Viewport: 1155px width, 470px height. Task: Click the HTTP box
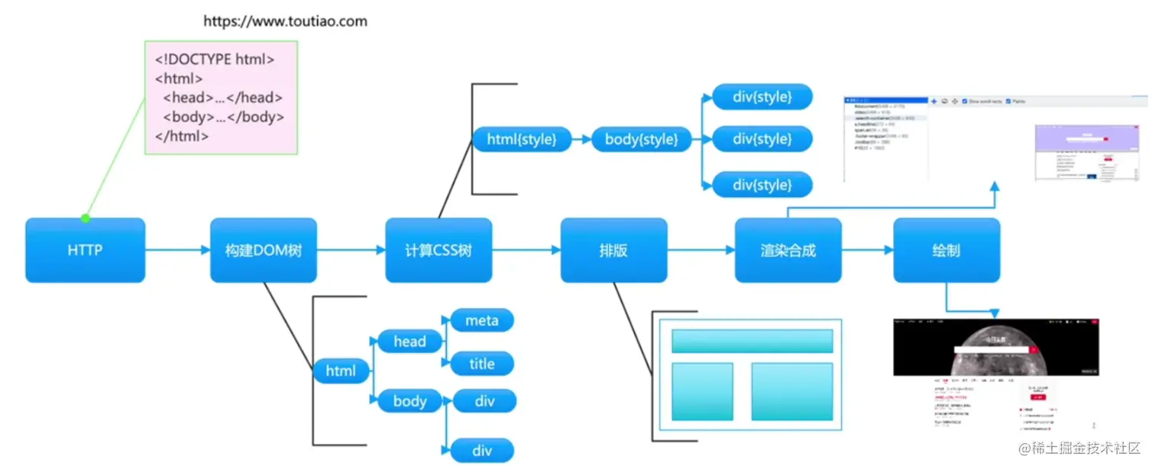pyautogui.click(x=85, y=251)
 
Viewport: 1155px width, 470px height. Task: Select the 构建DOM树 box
pyautogui.click(x=264, y=251)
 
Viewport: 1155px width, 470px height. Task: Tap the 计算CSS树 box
pyautogui.click(x=438, y=251)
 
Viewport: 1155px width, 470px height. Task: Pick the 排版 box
pyautogui.click(x=613, y=251)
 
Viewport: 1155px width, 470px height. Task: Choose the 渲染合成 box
pyautogui.click(x=788, y=251)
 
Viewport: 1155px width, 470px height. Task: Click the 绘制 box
pyautogui.click(x=946, y=251)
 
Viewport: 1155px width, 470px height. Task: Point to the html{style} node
pyautogui.click(x=521, y=139)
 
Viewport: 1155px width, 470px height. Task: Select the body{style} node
pyautogui.click(x=641, y=139)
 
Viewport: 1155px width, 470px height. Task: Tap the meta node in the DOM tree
pyautogui.click(x=482, y=321)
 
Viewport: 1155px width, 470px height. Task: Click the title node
pyautogui.click(x=482, y=364)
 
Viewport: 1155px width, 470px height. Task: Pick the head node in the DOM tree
pyautogui.click(x=409, y=342)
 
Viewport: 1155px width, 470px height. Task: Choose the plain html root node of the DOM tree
pyautogui.click(x=341, y=371)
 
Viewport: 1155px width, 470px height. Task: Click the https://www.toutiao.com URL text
pyautogui.click(x=285, y=21)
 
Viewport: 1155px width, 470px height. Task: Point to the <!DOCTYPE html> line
pyautogui.click(x=215, y=59)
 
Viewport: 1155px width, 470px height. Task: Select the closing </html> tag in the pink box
pyautogui.click(x=182, y=136)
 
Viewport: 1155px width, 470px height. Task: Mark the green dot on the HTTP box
pyautogui.click(x=86, y=219)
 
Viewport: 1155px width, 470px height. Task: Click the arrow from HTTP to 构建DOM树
pyautogui.click(x=177, y=250)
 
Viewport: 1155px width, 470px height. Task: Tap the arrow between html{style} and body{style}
pyautogui.click(x=581, y=139)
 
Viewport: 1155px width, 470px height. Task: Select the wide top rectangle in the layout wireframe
pyautogui.click(x=752, y=341)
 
